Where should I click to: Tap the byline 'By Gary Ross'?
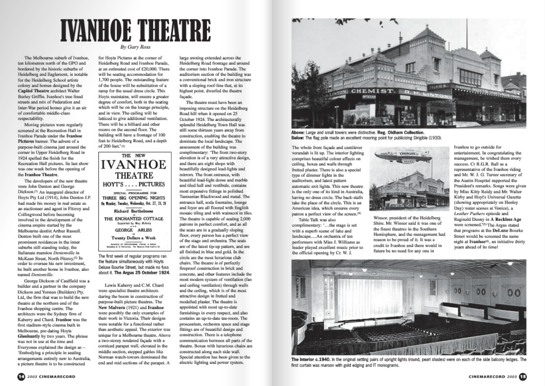point(135,47)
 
